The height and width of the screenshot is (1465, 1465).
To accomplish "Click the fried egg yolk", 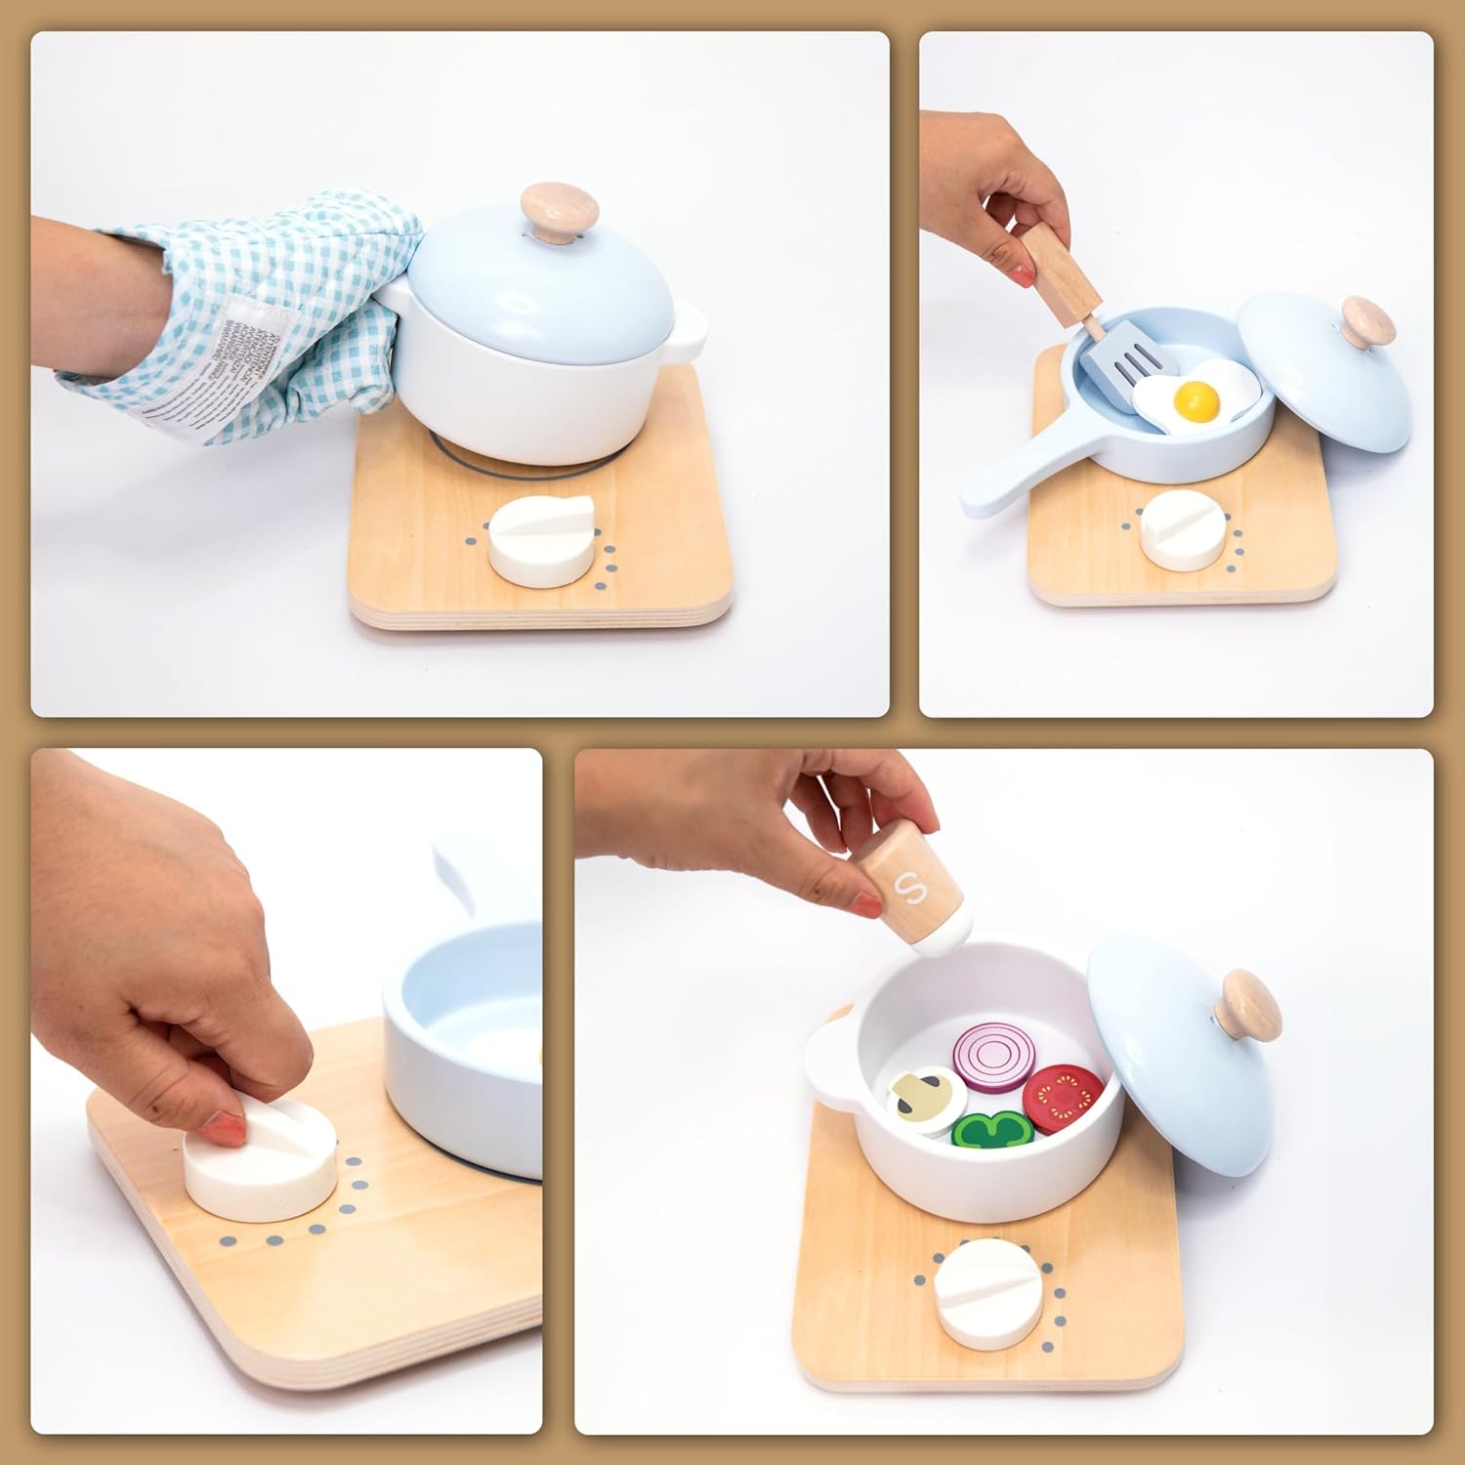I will coord(1197,398).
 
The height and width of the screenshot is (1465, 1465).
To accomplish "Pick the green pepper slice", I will coord(992,1130).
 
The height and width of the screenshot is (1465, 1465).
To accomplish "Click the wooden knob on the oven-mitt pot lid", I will coord(558,214).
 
